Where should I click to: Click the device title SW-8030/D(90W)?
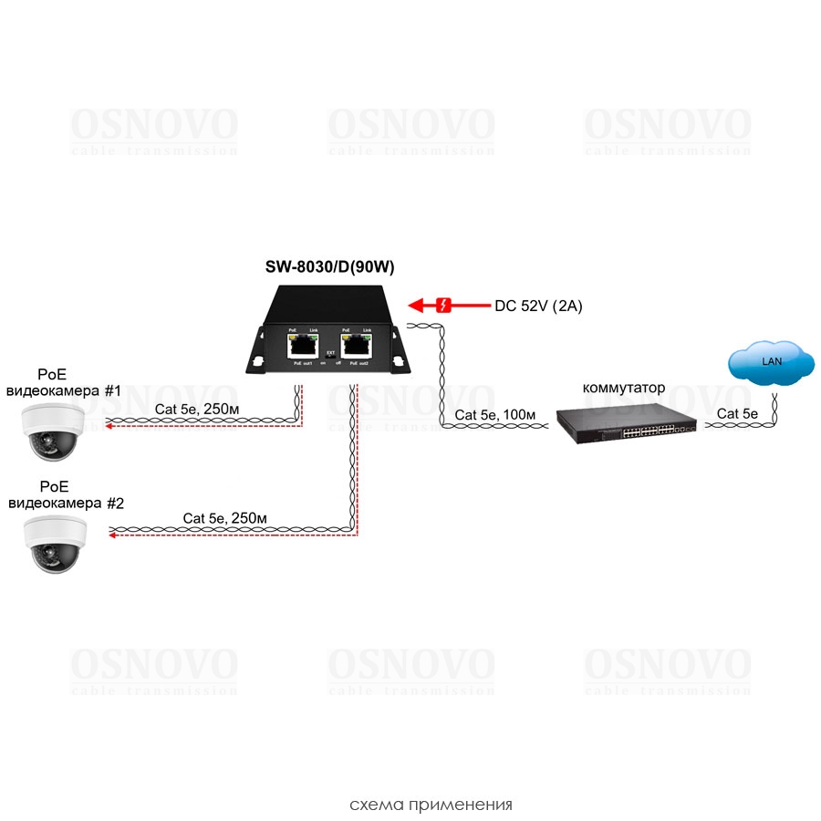click(328, 267)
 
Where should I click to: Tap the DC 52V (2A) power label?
click(538, 307)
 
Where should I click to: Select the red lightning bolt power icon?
click(444, 306)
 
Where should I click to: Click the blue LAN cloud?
click(772, 363)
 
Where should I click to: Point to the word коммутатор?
click(624, 388)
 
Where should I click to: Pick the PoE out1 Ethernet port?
click(302, 345)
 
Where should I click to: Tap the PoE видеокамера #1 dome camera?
click(54, 431)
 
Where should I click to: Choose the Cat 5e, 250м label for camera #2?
click(224, 518)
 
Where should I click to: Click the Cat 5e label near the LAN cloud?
click(738, 413)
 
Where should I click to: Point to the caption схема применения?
click(431, 805)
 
